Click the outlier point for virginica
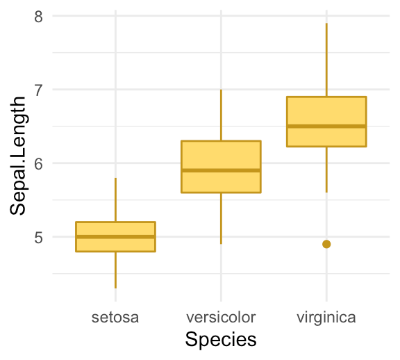326,244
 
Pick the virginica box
326,111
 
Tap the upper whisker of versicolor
221,115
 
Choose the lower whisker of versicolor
221,218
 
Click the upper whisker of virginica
326,60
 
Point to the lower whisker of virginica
326,170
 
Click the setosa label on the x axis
115,318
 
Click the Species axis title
221,340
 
